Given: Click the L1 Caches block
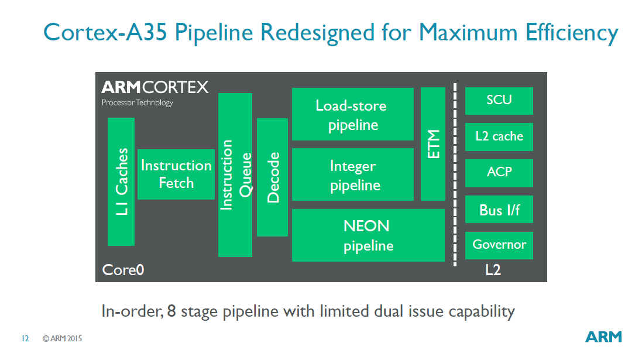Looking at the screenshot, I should click(121, 181).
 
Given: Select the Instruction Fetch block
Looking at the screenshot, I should click(176, 174).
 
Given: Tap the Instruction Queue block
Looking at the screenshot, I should click(235, 174).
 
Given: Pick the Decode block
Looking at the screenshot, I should click(272, 177).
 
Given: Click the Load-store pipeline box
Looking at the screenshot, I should click(353, 114).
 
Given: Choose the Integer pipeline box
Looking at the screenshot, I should click(353, 174).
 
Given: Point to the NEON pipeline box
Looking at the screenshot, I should click(368, 235).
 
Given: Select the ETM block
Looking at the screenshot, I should click(433, 144).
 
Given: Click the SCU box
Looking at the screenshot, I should click(499, 101).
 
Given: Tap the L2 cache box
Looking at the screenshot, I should click(499, 137).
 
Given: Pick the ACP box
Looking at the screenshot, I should click(499, 173).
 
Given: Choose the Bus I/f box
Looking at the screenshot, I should click(499, 209).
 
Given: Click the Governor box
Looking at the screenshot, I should click(499, 245).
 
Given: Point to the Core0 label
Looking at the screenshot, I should click(123, 270).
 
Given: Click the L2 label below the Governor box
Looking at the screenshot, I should click(493, 270).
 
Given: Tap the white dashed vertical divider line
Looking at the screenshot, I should click(455, 176).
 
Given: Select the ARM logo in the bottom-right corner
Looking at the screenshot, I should click(604, 337).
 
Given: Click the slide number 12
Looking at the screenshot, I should click(25, 338).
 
